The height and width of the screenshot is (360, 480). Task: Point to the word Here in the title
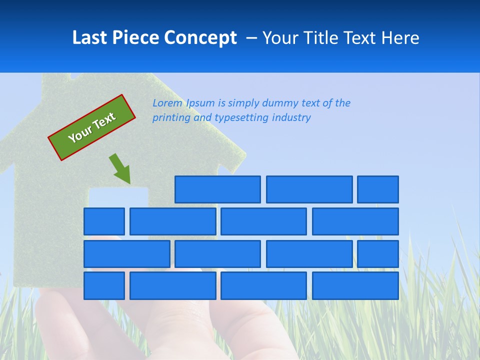click(400, 37)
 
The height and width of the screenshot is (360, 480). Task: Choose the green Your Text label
click(92, 127)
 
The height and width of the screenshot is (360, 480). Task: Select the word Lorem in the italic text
click(167, 103)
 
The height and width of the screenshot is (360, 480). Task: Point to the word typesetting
click(241, 118)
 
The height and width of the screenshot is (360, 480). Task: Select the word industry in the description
click(291, 118)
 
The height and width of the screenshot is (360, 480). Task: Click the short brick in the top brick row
click(378, 189)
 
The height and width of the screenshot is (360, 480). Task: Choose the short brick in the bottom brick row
click(104, 285)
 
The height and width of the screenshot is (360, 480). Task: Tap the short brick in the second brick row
click(104, 221)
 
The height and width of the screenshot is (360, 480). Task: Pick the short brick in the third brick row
click(378, 254)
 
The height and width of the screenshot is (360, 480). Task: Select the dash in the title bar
click(252, 37)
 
